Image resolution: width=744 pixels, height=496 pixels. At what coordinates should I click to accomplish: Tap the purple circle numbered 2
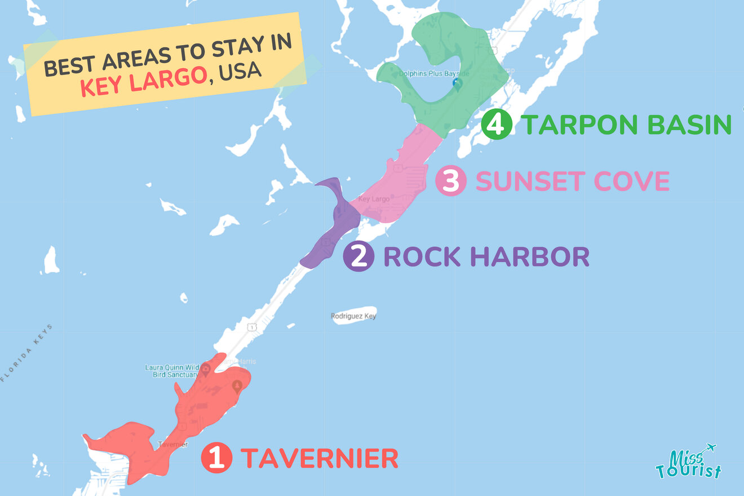click(358, 257)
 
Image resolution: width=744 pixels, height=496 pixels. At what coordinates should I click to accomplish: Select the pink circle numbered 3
click(451, 181)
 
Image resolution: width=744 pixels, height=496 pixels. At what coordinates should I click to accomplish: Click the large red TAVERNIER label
click(319, 458)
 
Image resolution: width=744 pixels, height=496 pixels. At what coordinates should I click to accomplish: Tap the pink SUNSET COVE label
click(572, 181)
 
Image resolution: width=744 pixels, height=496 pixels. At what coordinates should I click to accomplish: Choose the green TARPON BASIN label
click(626, 125)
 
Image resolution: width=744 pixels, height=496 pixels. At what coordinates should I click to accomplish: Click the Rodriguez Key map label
click(353, 316)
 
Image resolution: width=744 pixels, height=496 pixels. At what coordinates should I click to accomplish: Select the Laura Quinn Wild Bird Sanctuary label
click(171, 370)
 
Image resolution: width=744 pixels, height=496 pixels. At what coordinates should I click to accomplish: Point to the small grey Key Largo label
click(374, 199)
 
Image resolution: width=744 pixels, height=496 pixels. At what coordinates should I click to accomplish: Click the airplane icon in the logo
click(710, 448)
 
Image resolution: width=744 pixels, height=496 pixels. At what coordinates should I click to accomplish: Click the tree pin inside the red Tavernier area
click(237, 387)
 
